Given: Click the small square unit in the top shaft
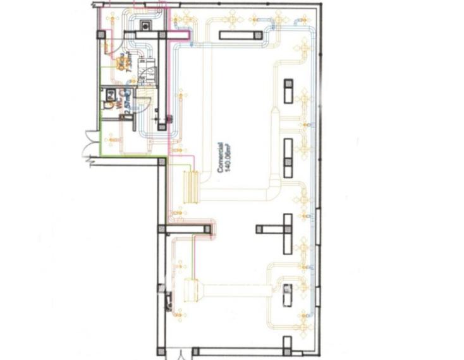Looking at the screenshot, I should pyautogui.click(x=145, y=27).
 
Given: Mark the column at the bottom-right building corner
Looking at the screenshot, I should pyautogui.click(x=288, y=345).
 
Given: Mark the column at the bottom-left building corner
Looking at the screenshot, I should pyautogui.click(x=162, y=350).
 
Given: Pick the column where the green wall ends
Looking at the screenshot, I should pyautogui.click(x=162, y=162).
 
